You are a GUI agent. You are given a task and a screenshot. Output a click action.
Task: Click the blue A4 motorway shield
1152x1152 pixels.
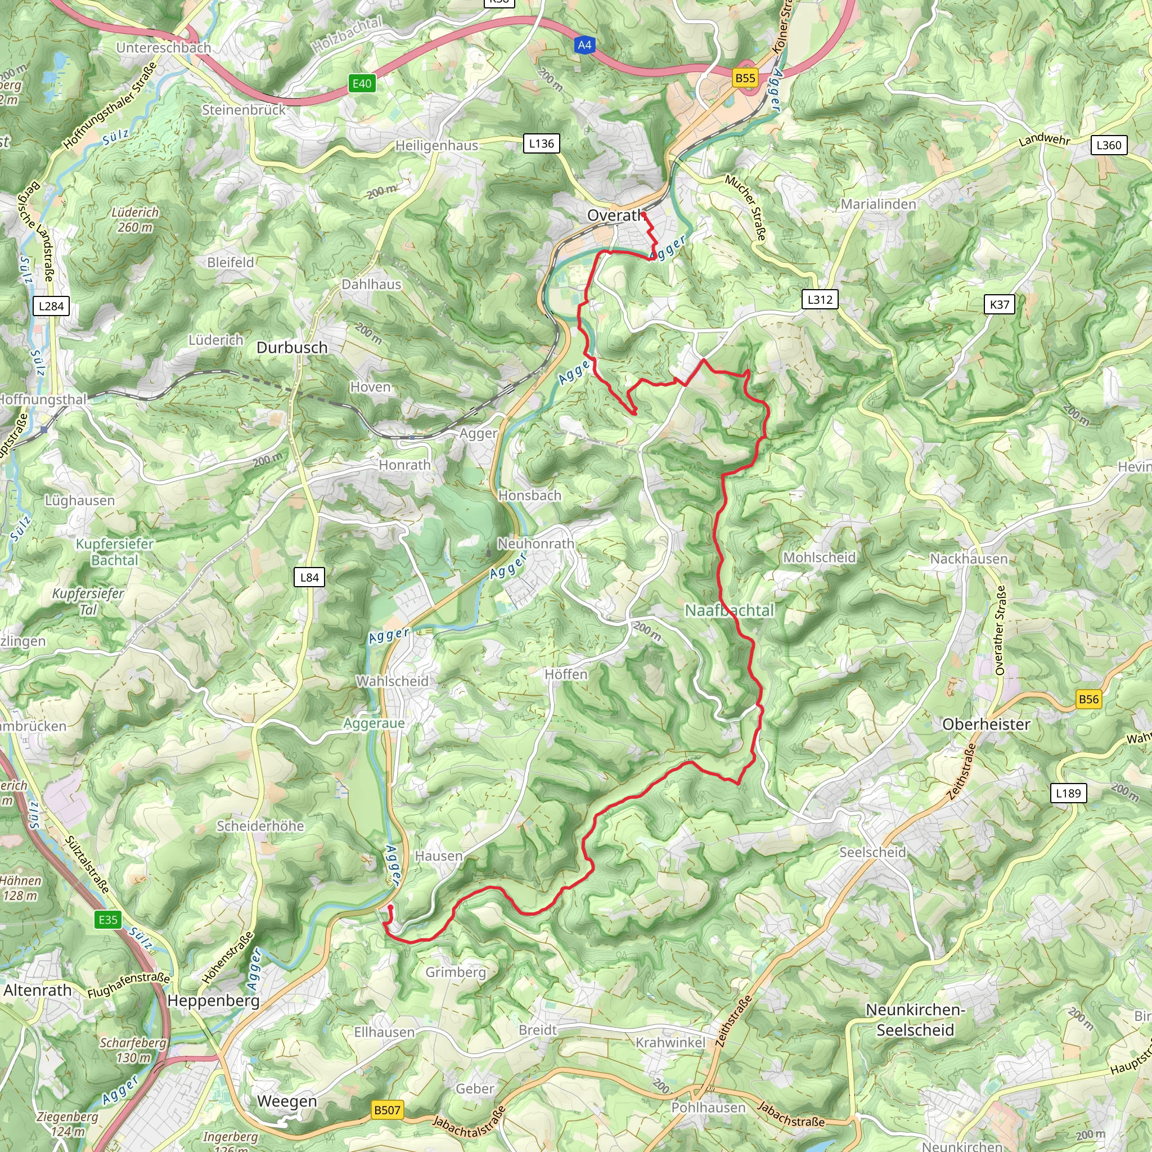tap(584, 46)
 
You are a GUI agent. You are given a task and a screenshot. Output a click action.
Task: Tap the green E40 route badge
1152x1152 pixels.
tap(362, 83)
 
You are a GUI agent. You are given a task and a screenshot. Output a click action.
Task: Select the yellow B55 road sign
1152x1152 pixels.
tap(745, 78)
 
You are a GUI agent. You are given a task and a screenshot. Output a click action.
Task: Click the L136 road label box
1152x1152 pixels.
tap(541, 143)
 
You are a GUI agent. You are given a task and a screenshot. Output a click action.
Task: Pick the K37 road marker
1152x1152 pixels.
tap(1000, 305)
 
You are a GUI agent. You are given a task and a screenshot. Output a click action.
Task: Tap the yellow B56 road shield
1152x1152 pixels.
tap(1088, 699)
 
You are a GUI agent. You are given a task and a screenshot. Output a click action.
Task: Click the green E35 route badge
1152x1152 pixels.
tap(108, 920)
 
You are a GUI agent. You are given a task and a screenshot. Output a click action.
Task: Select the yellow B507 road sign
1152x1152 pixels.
tap(387, 1110)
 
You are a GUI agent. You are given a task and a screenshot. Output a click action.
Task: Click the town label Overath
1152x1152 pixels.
tap(614, 215)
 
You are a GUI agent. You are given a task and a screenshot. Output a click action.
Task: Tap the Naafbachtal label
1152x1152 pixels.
tap(728, 610)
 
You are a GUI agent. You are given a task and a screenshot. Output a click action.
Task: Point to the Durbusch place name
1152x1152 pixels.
tap(291, 348)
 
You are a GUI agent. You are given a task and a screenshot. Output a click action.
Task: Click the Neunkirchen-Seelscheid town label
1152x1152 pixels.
tap(915, 1020)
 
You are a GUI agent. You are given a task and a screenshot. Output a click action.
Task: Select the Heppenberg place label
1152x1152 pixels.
tap(213, 1001)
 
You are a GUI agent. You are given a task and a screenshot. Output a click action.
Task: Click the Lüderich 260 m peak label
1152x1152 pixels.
tap(136, 219)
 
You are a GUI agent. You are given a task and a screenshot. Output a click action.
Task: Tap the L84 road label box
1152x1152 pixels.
tap(309, 577)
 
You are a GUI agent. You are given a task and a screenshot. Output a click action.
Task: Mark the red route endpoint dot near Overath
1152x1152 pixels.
tap(643, 213)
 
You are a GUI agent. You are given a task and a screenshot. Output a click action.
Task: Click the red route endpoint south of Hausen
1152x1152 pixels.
tap(390, 907)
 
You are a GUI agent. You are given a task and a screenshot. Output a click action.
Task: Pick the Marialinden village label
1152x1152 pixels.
tap(877, 204)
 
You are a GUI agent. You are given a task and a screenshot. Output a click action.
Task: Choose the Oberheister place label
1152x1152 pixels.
tap(985, 724)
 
